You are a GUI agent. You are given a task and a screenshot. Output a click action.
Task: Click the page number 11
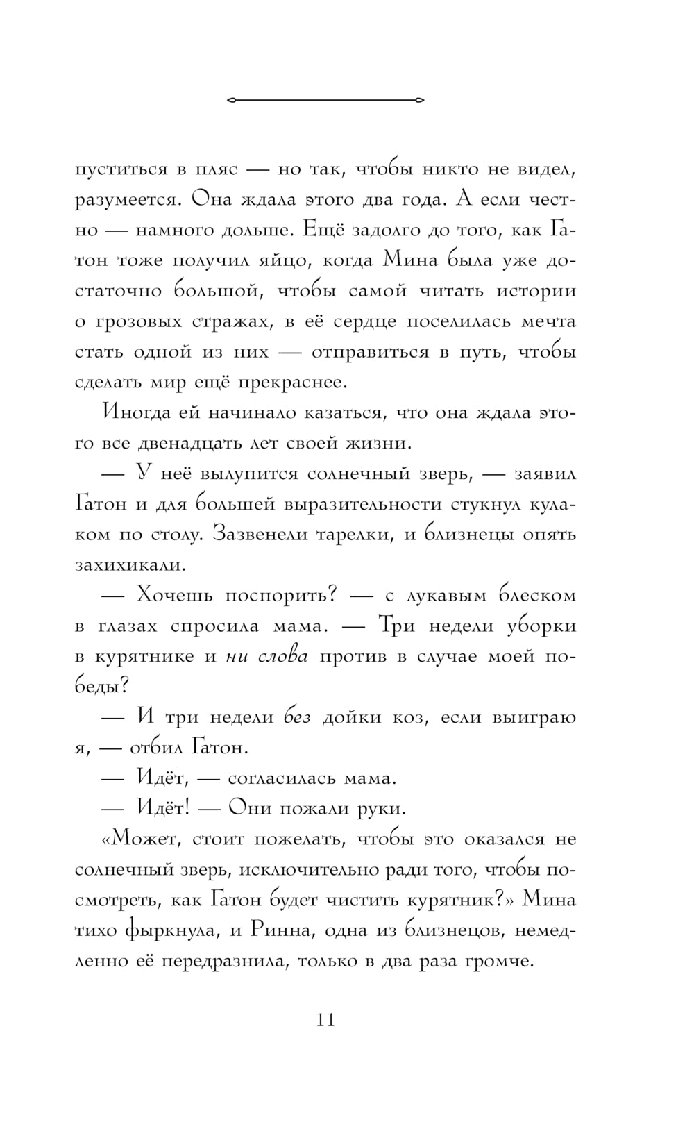[325, 1021]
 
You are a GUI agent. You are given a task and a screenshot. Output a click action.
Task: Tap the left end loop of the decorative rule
[231, 101]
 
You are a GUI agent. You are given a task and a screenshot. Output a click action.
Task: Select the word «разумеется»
[128, 200]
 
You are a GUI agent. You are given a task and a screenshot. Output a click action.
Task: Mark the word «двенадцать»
[189, 443]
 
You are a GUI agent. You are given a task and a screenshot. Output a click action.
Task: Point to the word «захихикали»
[130, 564]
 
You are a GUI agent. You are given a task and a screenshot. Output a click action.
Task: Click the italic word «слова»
[283, 656]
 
